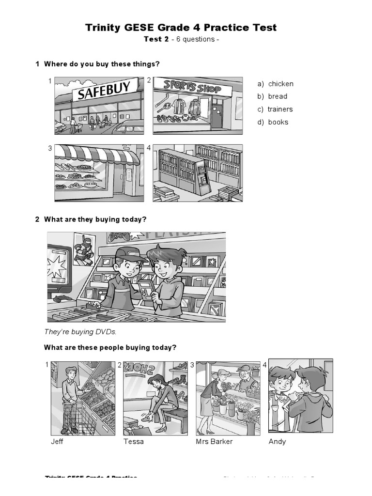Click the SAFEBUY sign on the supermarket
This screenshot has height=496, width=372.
click(105, 91)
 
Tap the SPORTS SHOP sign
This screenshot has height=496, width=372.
click(192, 87)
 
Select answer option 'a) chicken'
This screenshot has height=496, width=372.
click(275, 84)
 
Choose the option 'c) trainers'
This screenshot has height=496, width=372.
click(275, 109)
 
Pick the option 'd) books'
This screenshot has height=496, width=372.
click(273, 122)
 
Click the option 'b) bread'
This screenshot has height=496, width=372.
click(272, 96)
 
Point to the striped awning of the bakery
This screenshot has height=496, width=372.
click(97, 155)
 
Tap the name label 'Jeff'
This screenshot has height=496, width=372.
click(57, 442)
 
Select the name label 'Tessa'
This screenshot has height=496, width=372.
click(134, 442)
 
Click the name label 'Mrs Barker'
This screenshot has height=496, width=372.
click(214, 442)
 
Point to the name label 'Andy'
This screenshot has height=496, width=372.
click(277, 442)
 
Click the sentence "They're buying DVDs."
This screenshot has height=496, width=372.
click(81, 332)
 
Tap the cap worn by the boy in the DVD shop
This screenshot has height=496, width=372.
click(128, 254)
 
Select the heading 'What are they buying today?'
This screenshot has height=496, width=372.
click(95, 219)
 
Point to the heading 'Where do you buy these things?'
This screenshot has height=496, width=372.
click(102, 64)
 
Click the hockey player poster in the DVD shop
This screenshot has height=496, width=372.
click(83, 248)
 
